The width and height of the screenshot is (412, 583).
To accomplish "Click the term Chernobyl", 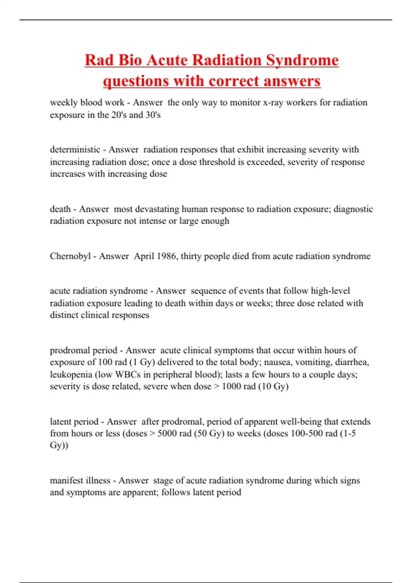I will (70, 256).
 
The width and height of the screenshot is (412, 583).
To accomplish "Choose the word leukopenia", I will (71, 374).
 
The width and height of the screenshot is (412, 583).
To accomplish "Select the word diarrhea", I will (352, 362).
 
